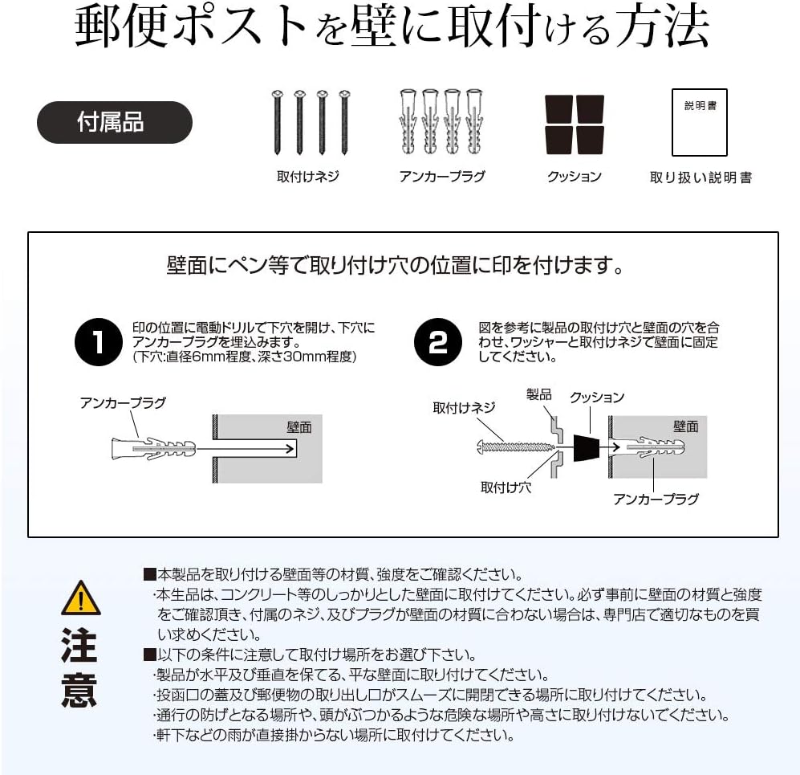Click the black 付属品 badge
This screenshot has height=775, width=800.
(115, 122)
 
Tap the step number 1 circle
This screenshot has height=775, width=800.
(99, 342)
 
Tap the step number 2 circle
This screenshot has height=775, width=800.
(438, 342)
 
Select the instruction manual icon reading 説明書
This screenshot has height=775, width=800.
(699, 122)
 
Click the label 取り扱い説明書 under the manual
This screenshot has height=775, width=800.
(701, 177)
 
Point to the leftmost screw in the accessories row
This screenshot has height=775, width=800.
(278, 122)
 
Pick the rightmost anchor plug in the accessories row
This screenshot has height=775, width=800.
(475, 122)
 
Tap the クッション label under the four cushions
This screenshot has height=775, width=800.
(574, 177)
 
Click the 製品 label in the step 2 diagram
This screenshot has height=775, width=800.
(538, 394)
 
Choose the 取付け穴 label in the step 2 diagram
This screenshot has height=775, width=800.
(506, 487)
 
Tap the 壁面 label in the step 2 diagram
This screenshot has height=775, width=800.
(685, 426)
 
